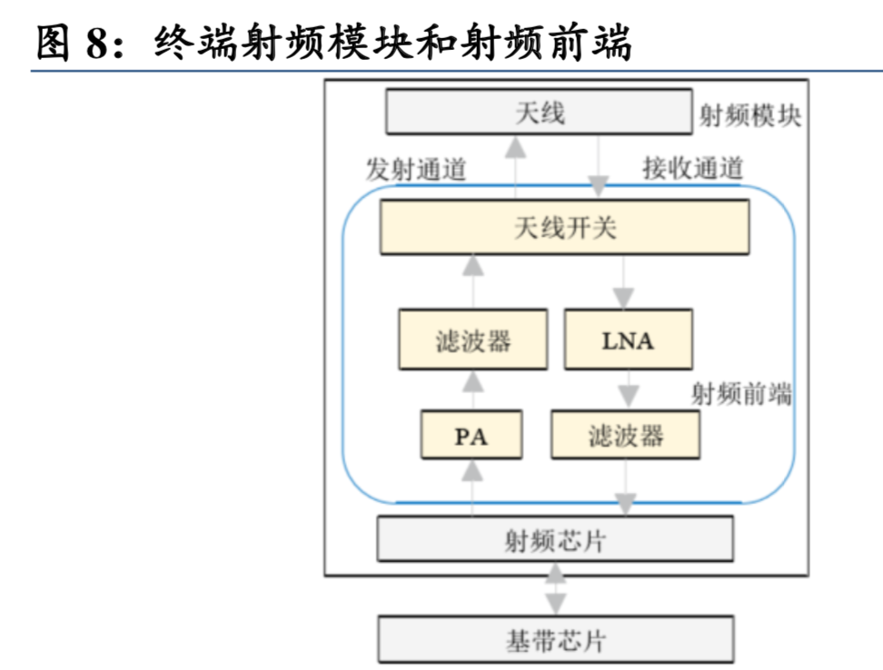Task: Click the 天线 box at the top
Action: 540,113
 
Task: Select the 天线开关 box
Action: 564,227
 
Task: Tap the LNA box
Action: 628,340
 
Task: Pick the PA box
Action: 471,436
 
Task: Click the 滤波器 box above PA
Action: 472,340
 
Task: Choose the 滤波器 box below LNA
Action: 625,436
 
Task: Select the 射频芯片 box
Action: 554,541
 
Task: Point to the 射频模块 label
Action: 749,116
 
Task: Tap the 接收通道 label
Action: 692,168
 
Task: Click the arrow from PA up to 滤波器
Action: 471,389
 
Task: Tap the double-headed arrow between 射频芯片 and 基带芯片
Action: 555,591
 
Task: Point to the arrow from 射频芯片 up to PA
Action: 471,487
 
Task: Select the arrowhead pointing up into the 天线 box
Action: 516,145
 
